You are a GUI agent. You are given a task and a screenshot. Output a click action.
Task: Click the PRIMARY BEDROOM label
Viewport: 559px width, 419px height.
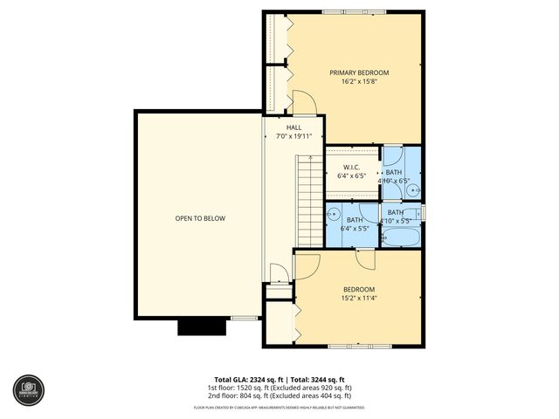[x=358, y=72]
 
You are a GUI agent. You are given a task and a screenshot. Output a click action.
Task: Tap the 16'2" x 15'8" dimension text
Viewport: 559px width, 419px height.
[x=358, y=81]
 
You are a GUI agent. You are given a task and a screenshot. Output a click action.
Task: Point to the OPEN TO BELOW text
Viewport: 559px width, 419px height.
[x=200, y=217]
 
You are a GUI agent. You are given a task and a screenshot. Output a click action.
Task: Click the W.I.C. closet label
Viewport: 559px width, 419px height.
[x=351, y=167]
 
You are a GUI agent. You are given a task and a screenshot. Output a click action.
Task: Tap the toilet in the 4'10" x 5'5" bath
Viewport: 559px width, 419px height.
[x=418, y=212]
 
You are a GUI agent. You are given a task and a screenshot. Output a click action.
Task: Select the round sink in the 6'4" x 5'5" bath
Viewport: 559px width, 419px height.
[x=335, y=214]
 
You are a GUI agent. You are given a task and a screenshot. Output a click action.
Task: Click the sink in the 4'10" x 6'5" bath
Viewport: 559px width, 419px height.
[x=414, y=188]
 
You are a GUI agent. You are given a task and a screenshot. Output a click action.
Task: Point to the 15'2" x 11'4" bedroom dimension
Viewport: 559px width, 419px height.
[x=358, y=299]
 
